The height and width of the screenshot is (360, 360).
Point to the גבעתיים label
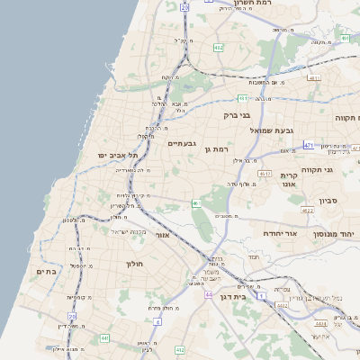[x=183, y=143]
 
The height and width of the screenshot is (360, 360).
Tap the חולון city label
[x=133, y=264]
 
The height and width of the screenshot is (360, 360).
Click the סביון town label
[x=328, y=201]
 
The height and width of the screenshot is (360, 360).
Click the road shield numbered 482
[x=219, y=47]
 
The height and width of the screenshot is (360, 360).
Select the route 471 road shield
[x=309, y=145]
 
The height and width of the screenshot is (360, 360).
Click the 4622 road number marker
[x=307, y=211]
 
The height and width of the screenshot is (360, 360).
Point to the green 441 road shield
[x=104, y=338]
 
